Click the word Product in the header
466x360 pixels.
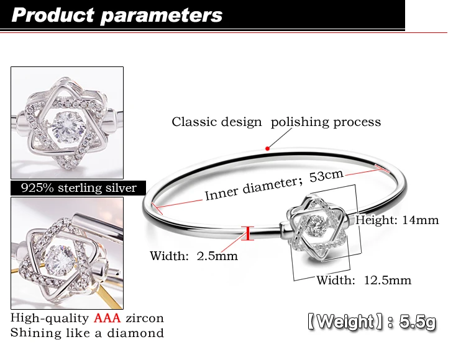[53, 15]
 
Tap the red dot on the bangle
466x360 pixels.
[267, 148]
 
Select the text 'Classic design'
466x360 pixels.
[217, 122]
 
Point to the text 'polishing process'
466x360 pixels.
[326, 122]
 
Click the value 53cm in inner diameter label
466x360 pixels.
[326, 176]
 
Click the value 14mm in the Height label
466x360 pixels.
[420, 220]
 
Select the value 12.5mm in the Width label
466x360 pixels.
[388, 280]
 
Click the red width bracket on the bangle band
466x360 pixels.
[247, 233]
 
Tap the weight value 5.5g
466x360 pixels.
[418, 322]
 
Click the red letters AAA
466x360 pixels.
[107, 318]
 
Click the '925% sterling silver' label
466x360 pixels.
[79, 188]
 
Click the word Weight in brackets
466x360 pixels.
[345, 322]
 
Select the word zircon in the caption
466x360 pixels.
[144, 318]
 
